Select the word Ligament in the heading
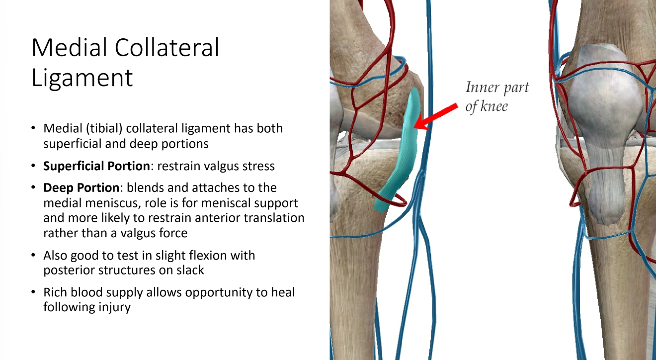pyautogui.click(x=82, y=78)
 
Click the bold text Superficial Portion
pyautogui.click(x=96, y=166)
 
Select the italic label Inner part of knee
pyautogui.click(x=496, y=97)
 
